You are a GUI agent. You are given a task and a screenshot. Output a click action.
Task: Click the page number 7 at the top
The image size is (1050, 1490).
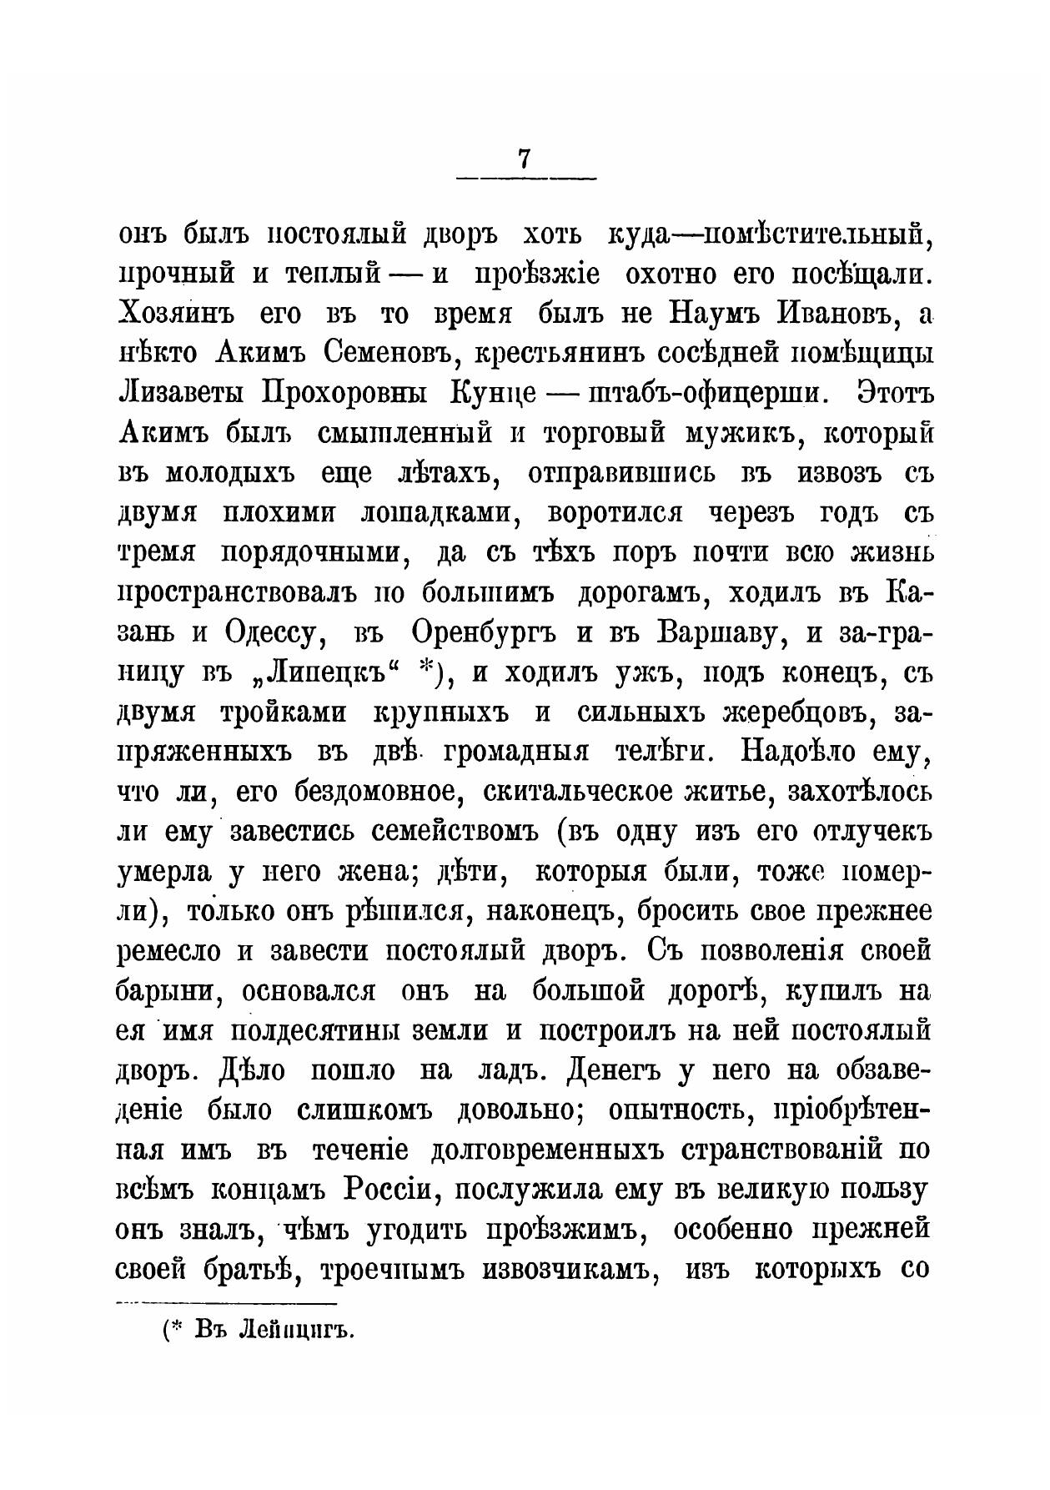point(525,159)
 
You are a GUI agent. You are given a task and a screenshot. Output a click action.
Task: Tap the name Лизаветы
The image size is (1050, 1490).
point(181,394)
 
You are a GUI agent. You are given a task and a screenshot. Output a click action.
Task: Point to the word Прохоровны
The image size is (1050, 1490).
point(345,394)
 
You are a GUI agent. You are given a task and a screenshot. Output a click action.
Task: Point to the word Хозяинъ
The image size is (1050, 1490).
point(174,314)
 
